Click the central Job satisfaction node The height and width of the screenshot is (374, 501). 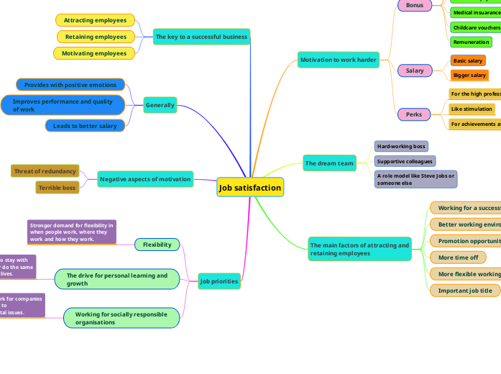coord(250,188)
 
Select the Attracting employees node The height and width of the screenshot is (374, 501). coord(95,20)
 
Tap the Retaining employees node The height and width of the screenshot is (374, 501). coord(96,37)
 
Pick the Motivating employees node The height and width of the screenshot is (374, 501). coord(93,53)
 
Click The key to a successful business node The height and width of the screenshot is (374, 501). coord(201,37)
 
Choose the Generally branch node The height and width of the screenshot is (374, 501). coord(160,105)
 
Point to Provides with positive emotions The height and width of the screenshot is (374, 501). coord(70,85)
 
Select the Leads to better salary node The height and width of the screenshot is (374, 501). coord(85,126)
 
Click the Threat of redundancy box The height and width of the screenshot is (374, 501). coord(45,171)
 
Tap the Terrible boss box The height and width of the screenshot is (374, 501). coord(57,188)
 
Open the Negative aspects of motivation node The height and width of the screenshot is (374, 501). coord(145,179)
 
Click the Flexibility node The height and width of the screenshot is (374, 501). coord(157,245)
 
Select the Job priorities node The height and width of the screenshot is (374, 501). coord(219,281)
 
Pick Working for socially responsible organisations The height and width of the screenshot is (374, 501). coord(121,318)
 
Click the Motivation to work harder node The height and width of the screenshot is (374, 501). coord(338,60)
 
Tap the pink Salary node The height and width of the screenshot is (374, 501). coord(415,70)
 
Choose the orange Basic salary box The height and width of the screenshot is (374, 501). coord(468,61)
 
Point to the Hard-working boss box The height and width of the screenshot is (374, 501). coord(401,146)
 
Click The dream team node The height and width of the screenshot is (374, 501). coord(329,163)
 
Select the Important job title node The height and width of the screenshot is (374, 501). coord(465,291)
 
